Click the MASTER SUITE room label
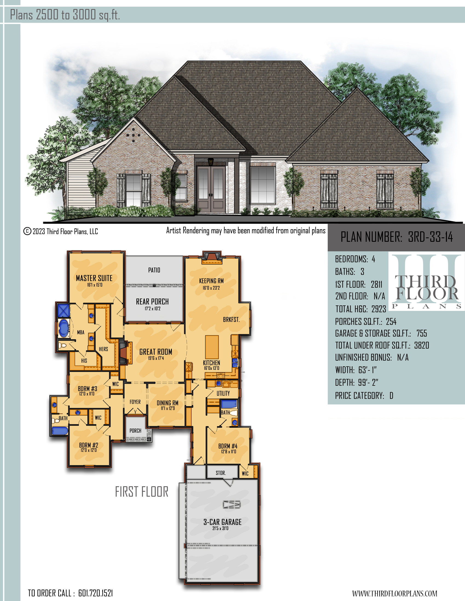click(94, 278)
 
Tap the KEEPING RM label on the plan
click(211, 281)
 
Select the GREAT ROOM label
click(156, 352)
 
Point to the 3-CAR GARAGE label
click(222, 522)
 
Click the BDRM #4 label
click(228, 446)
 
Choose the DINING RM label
click(167, 403)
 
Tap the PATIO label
click(154, 270)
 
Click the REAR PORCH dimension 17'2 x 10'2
click(153, 308)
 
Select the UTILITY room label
click(223, 393)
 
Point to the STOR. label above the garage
click(221, 473)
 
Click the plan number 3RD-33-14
click(430, 237)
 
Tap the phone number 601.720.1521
click(95, 593)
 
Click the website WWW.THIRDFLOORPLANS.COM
click(394, 593)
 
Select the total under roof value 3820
click(422, 345)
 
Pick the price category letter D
click(391, 396)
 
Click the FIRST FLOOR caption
click(142, 492)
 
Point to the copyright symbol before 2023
click(27, 231)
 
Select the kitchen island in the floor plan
click(212, 347)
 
